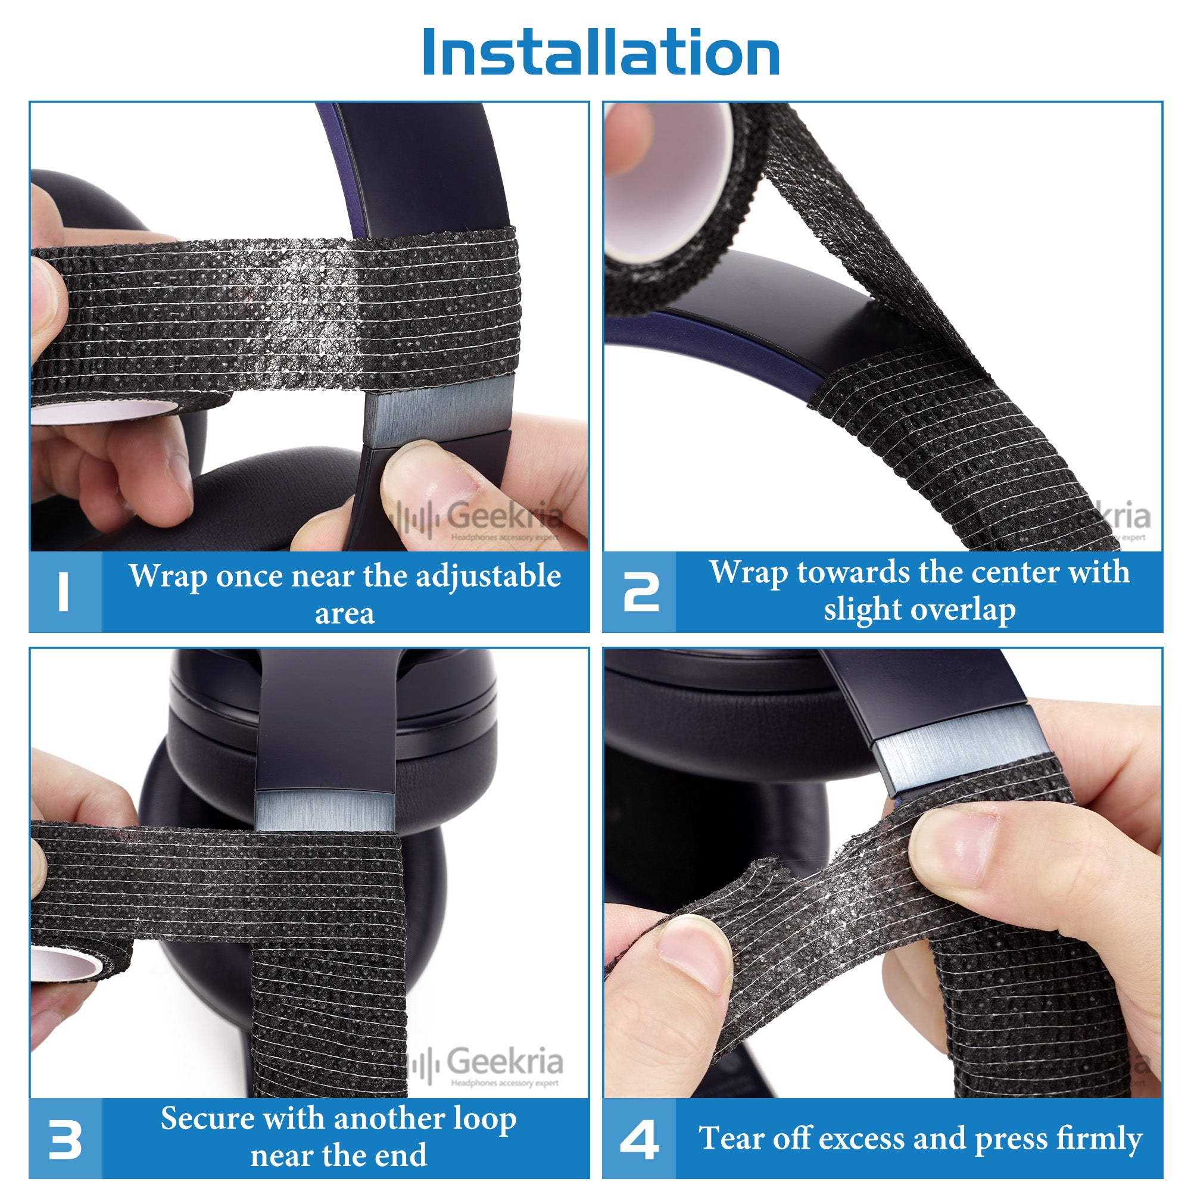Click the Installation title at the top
pos(601,52)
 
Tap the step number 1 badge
pos(66,592)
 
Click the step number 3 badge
pos(66,1139)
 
